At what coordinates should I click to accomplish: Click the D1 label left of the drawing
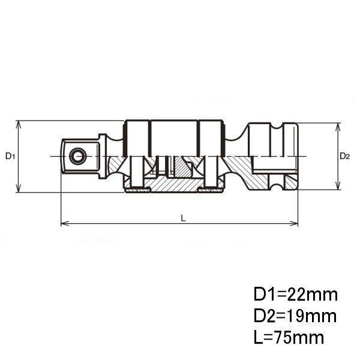click(x=10, y=156)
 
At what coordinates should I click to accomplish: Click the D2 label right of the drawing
click(x=344, y=156)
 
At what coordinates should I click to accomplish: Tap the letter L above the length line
click(x=183, y=218)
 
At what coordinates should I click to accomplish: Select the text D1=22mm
click(x=296, y=295)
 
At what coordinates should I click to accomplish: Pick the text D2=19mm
click(x=295, y=316)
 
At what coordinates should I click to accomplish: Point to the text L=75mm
click(x=289, y=337)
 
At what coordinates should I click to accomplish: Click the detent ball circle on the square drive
click(x=78, y=157)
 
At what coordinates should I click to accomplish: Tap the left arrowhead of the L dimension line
click(x=65, y=223)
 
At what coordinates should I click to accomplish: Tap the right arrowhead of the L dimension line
click(x=293, y=223)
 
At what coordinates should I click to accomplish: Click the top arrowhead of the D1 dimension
click(x=19, y=125)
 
